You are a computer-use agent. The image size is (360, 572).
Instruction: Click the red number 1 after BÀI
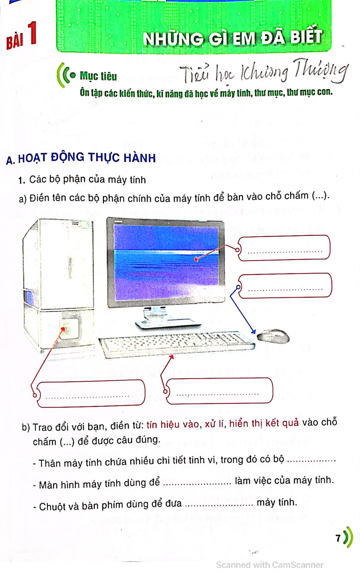pos(32,33)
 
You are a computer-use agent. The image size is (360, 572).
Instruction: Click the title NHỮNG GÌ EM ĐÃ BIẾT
pos(232,37)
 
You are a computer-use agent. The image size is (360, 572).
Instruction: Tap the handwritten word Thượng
pos(321,71)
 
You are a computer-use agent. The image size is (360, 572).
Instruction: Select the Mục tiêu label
pos(98,76)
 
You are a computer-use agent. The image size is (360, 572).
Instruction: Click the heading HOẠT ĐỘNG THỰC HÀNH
pos(87,158)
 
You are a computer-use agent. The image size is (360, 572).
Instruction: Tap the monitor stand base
pos(168,324)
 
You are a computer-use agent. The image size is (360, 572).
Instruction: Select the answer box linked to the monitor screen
pos(284,248)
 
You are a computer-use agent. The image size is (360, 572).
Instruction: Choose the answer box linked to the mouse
pos(285,286)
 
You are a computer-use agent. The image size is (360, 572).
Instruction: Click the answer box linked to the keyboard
pos(219,391)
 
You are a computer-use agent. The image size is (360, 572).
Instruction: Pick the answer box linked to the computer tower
pos(91,393)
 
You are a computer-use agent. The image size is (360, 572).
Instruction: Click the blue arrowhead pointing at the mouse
pos(253,332)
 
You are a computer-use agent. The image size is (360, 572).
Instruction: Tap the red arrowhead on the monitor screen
pos(196,259)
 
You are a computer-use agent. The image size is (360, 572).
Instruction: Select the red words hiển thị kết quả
pos(264,423)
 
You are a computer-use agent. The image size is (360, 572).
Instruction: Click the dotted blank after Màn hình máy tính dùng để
pos(197,484)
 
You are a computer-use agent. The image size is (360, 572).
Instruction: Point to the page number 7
pos(338,538)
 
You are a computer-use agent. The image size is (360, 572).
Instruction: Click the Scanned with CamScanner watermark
pos(270,565)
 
